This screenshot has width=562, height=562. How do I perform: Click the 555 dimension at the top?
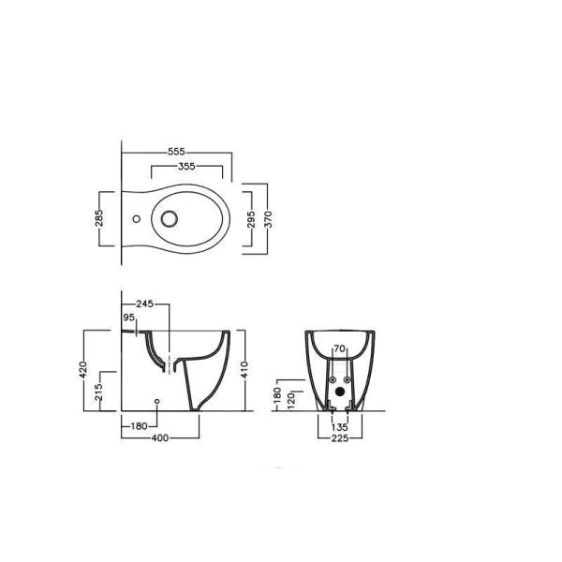click(176, 152)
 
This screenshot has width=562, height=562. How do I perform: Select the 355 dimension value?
click(186, 167)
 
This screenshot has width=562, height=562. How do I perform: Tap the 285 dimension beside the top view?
click(99, 218)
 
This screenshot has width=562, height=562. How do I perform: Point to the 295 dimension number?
click(251, 219)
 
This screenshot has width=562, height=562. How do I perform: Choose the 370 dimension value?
click(268, 219)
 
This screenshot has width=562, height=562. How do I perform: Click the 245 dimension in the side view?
click(145, 303)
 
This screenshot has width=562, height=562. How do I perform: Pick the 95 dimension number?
click(128, 318)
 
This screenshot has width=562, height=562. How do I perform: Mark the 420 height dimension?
click(83, 370)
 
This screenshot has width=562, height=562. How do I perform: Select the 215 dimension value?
click(99, 392)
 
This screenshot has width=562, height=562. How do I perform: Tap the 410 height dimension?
click(244, 370)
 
